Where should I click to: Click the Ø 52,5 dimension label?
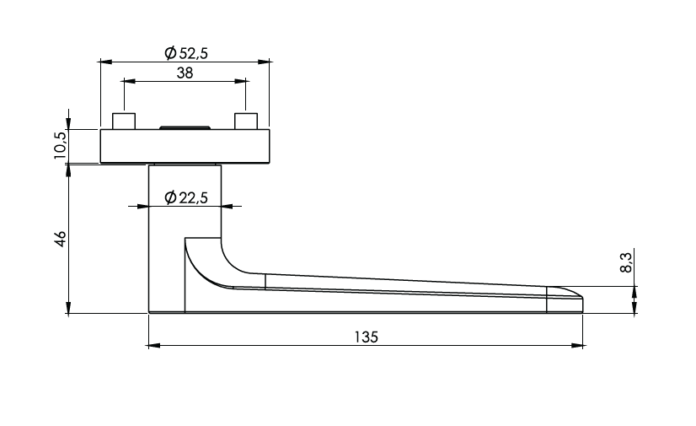[x=186, y=53]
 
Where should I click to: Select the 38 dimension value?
[x=185, y=73]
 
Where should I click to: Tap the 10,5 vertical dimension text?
[x=61, y=145]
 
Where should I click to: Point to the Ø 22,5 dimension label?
[x=186, y=197]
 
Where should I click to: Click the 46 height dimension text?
[x=60, y=239]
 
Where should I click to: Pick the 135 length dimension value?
[x=367, y=337]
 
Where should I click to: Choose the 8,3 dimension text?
[x=626, y=262]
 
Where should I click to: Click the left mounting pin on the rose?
[x=124, y=121]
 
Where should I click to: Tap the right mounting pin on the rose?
[x=246, y=121]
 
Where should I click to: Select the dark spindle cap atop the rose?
[x=185, y=128]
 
